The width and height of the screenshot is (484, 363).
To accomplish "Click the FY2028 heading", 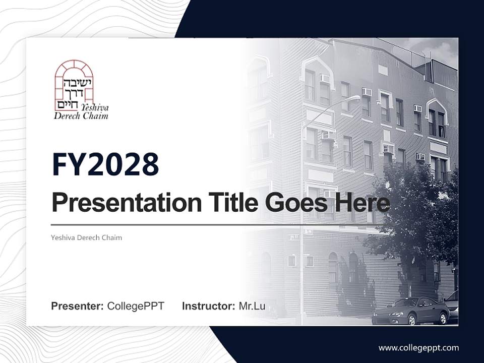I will click(105, 165).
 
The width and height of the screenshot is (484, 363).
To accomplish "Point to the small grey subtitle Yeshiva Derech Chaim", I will click(86, 237).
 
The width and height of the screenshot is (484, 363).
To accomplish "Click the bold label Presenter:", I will click(78, 306).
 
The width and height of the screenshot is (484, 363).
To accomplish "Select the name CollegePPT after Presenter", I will click(136, 306).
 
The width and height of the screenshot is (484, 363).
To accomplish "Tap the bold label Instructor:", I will click(208, 306).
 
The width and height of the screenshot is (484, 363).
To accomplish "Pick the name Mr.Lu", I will click(252, 306).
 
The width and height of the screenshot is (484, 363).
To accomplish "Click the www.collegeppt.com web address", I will click(418, 348).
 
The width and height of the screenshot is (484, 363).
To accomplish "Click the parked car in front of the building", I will click(410, 311).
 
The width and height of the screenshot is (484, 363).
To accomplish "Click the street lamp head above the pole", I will click(355, 97).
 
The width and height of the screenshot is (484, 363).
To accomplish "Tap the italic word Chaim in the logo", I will click(97, 116).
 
